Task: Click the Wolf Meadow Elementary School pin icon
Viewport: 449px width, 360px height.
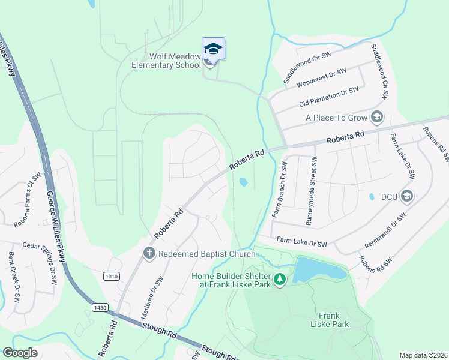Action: pos(213,48)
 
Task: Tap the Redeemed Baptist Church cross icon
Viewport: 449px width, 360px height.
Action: pos(149,253)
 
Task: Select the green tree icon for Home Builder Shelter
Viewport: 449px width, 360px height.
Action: pos(279,279)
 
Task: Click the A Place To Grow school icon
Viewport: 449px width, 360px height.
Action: pos(377,117)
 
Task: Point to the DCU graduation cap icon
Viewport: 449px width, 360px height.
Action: pos(406,196)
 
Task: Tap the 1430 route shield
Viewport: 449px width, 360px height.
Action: pos(100,307)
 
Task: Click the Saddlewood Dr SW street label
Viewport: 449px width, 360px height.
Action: pos(308,65)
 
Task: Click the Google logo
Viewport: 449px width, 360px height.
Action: pos(20,353)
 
